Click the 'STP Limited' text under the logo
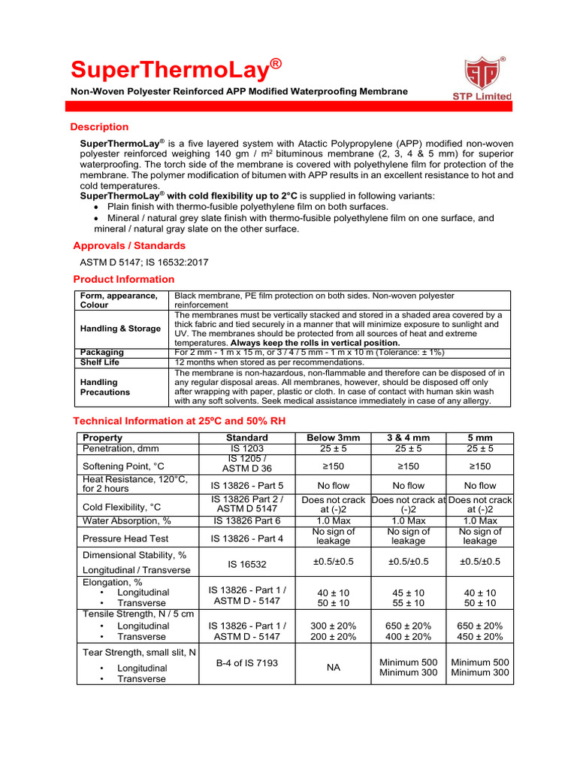pyautogui.click(x=482, y=96)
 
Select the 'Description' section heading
pyautogui.click(x=99, y=127)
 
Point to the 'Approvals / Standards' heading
pyautogui.click(x=129, y=246)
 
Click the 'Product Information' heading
pyautogui.click(x=123, y=280)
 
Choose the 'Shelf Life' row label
pyautogui.click(x=100, y=362)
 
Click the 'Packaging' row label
pyautogui.click(x=102, y=352)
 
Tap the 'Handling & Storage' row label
pyautogui.click(x=120, y=329)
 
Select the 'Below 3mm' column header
pyautogui.click(x=333, y=438)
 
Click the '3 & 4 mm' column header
pyautogui.click(x=409, y=438)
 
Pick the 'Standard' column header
pyautogui.click(x=246, y=438)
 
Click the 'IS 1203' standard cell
pyautogui.click(x=246, y=449)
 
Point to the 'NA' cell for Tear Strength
pyautogui.click(x=333, y=667)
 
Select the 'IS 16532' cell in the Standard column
pyautogui.click(x=246, y=563)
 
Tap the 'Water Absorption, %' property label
pyautogui.click(x=127, y=520)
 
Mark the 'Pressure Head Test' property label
pyautogui.click(x=125, y=538)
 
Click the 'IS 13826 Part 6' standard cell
pyautogui.click(x=246, y=520)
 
